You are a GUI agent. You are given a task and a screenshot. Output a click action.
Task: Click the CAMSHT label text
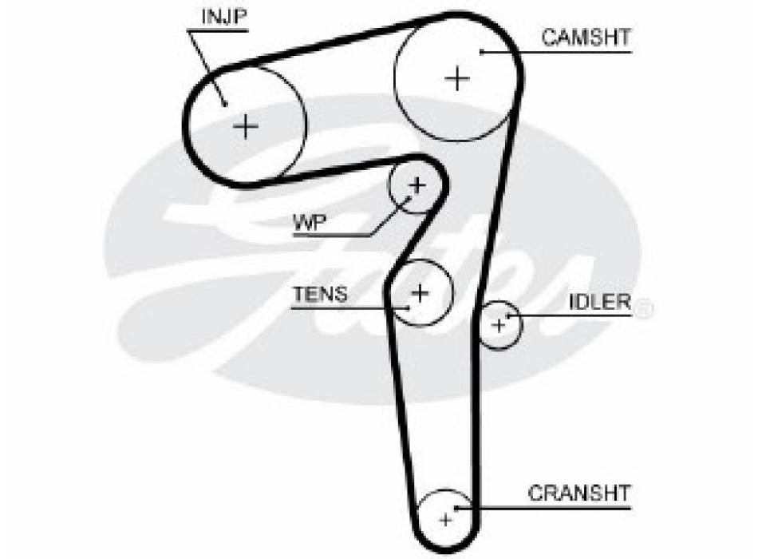(586, 37)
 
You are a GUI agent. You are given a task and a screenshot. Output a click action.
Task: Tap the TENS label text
(319, 294)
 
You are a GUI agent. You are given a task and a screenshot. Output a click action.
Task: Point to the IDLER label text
(600, 302)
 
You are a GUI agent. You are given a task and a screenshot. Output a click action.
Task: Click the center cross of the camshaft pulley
(457, 78)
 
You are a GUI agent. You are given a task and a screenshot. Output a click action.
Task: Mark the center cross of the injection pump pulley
(246, 125)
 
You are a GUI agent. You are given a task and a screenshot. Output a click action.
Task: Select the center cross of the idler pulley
(499, 325)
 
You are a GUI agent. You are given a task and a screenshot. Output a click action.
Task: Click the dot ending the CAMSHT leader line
(482, 52)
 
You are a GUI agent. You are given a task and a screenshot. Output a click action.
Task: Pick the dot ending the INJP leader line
(225, 102)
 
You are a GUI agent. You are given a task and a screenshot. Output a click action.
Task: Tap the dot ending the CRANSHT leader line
(456, 507)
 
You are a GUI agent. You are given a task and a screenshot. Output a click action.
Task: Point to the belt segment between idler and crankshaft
(477, 423)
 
